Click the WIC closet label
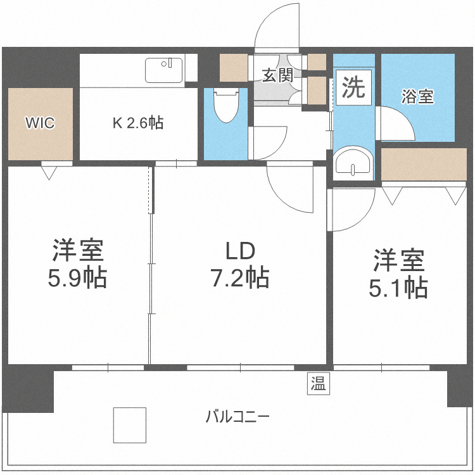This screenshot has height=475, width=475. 39,123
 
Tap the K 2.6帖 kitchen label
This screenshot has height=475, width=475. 138,123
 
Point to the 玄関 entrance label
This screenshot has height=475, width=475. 277,76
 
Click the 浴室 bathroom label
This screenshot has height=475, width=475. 417,97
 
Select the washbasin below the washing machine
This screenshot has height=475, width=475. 353,162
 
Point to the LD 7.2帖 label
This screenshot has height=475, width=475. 240,265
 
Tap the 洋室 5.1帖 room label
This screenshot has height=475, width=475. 398,274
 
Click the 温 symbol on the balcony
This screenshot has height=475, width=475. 319,383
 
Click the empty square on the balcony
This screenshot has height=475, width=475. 129,425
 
